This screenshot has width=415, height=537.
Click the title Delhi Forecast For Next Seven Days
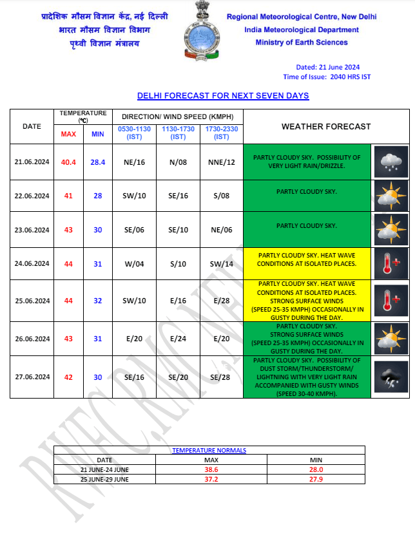223,96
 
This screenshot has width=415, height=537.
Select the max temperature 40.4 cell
68,162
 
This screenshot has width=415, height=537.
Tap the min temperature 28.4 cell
98,162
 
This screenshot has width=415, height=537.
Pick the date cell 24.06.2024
32,263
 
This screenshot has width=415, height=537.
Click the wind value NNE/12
222,162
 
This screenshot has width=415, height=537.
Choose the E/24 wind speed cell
177,339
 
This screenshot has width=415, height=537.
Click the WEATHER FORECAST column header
326,127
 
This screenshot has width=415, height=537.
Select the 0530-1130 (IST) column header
133,133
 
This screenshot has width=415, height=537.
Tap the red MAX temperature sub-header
68,134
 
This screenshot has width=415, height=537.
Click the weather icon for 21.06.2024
391,162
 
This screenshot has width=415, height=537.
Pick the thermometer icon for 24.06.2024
391,263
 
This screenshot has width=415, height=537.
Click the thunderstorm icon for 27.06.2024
391,377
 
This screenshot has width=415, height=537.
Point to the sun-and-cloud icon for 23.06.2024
391,229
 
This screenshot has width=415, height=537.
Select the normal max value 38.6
211,470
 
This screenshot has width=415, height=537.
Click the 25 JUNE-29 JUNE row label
104,480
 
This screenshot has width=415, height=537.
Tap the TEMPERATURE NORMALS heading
209,451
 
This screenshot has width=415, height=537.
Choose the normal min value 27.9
316,480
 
